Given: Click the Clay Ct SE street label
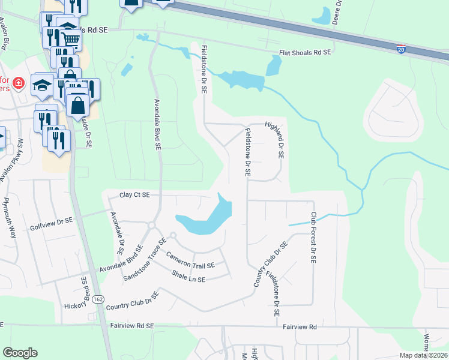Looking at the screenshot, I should pos(134,195).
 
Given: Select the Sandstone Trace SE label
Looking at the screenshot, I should pos(144,260).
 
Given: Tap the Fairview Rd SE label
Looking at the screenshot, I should pos(133,326).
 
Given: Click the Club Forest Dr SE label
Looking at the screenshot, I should pos(313,238).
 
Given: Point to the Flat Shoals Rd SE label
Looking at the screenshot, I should pos(305,53).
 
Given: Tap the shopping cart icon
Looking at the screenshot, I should pos(71,40).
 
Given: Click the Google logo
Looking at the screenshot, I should pos(20,353).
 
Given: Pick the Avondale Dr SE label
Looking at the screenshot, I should pos(116,232).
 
